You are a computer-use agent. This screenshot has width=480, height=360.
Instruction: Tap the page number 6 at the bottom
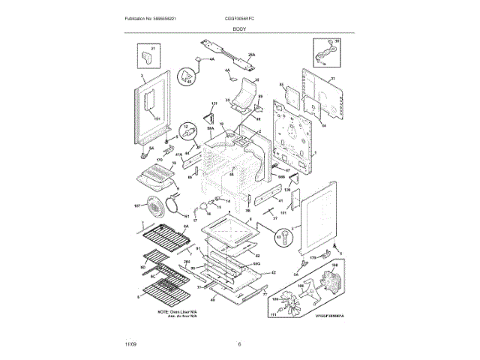(x=239, y=344)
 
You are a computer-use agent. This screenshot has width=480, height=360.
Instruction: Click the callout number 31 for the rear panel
(x=333, y=78)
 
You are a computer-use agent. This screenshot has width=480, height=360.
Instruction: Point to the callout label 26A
(x=252, y=55)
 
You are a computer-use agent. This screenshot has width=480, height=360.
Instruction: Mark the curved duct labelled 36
(x=244, y=97)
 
